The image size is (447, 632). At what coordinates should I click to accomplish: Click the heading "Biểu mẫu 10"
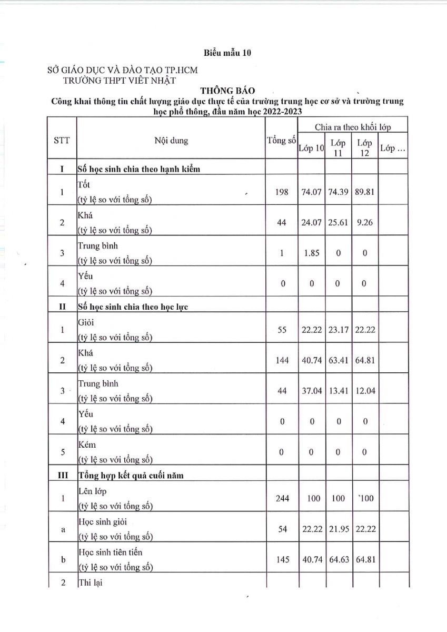click(x=227, y=53)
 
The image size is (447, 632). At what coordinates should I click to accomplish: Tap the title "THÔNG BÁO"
click(x=227, y=91)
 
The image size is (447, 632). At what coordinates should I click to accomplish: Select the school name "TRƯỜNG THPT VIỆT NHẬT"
click(x=119, y=80)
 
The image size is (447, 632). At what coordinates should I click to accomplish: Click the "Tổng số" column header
click(x=281, y=141)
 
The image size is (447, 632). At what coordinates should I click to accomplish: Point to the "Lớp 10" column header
click(x=311, y=149)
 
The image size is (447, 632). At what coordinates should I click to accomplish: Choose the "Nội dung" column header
click(x=171, y=141)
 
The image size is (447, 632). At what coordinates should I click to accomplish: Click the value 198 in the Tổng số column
click(x=282, y=192)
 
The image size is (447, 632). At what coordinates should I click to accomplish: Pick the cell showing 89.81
click(x=365, y=192)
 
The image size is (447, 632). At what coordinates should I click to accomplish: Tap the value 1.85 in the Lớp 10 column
click(x=311, y=253)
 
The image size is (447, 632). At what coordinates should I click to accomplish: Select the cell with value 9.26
click(x=364, y=223)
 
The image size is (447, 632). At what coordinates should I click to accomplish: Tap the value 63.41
click(x=338, y=361)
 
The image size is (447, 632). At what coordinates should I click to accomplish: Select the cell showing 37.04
click(x=312, y=391)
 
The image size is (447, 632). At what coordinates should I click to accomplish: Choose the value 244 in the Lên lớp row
click(x=282, y=498)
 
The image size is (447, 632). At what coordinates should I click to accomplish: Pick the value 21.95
click(x=339, y=529)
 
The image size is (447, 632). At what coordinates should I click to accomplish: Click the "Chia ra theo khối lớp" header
click(x=353, y=127)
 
